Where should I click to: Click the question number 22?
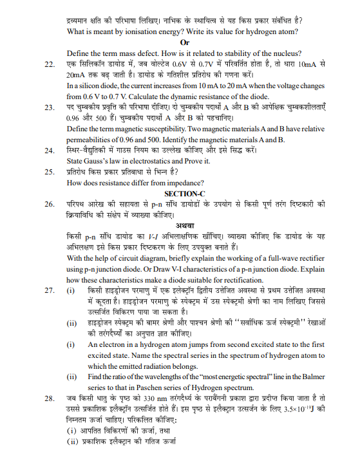pos(48,64)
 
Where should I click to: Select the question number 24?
pos(48,151)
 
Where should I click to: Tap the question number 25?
pos(48,171)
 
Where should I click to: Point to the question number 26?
pos(48,204)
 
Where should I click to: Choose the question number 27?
pos(48,292)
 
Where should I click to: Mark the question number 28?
pos(48,399)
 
